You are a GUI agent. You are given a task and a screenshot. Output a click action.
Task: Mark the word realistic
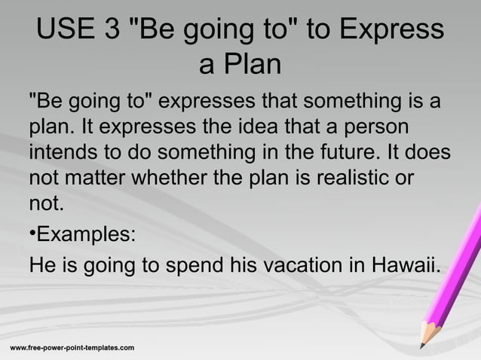point(357,178)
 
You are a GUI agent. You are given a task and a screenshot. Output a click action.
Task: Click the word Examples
point(87,232)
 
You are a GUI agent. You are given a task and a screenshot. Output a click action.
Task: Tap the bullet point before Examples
point(32,232)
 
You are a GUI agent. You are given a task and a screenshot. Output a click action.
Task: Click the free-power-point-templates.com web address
point(72,347)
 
